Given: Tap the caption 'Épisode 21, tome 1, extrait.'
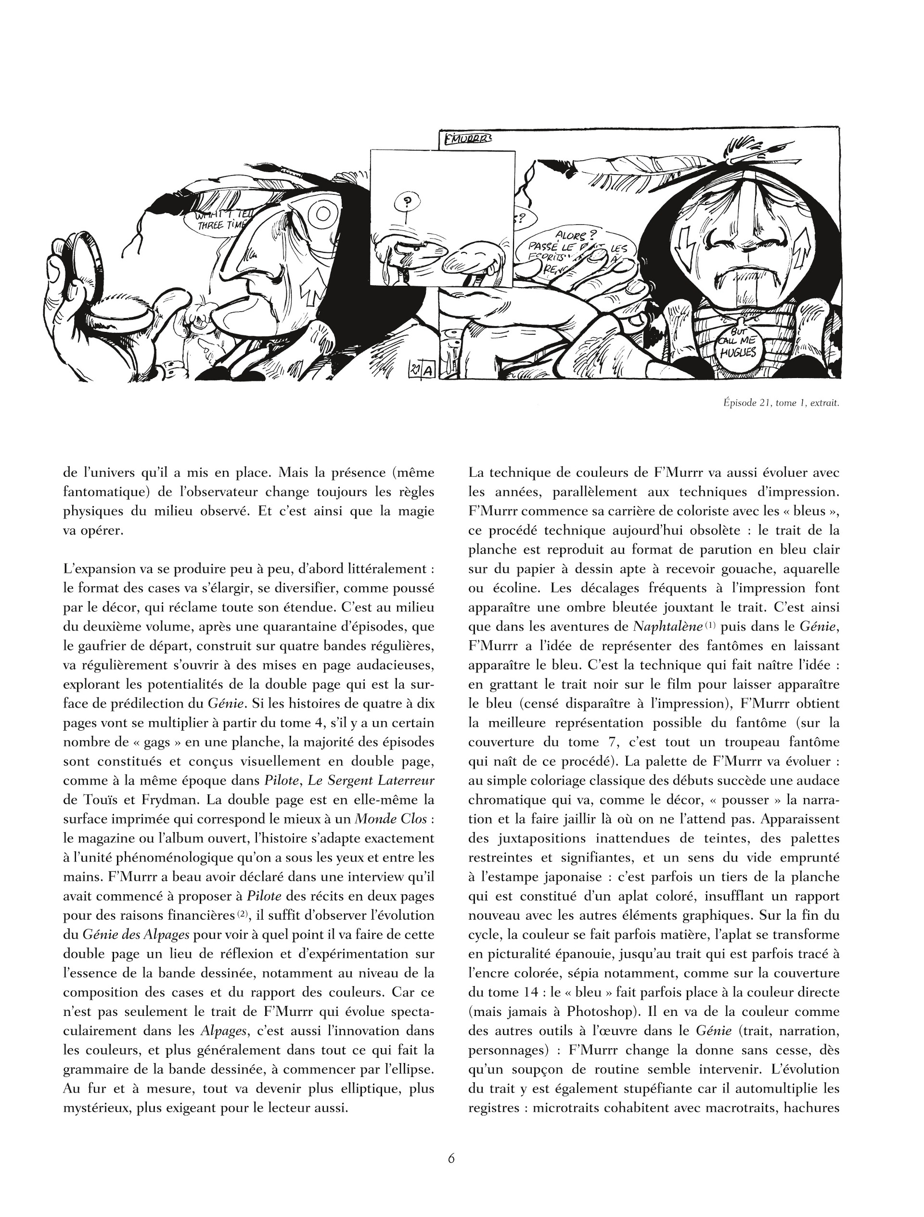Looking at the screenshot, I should tap(781, 403).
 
